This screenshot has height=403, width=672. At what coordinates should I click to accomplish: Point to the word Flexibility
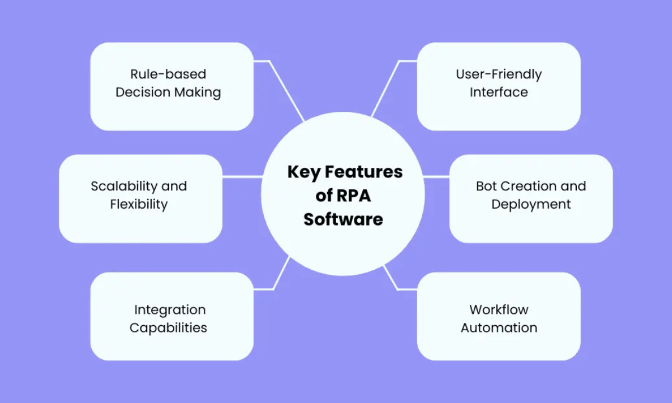click(139, 204)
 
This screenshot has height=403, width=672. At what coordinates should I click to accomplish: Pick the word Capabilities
click(168, 327)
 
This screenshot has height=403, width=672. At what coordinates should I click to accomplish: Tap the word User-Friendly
click(498, 74)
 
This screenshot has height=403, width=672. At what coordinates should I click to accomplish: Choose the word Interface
click(498, 92)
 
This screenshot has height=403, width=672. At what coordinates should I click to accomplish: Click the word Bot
click(487, 186)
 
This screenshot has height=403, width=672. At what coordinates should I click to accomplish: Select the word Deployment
click(531, 204)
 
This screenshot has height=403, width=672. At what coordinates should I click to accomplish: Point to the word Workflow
click(498, 310)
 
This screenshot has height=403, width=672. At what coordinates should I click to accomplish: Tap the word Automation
click(498, 327)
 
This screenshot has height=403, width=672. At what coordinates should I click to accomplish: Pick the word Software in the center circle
click(343, 219)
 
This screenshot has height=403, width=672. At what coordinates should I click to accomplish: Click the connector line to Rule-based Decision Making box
click(287, 90)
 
